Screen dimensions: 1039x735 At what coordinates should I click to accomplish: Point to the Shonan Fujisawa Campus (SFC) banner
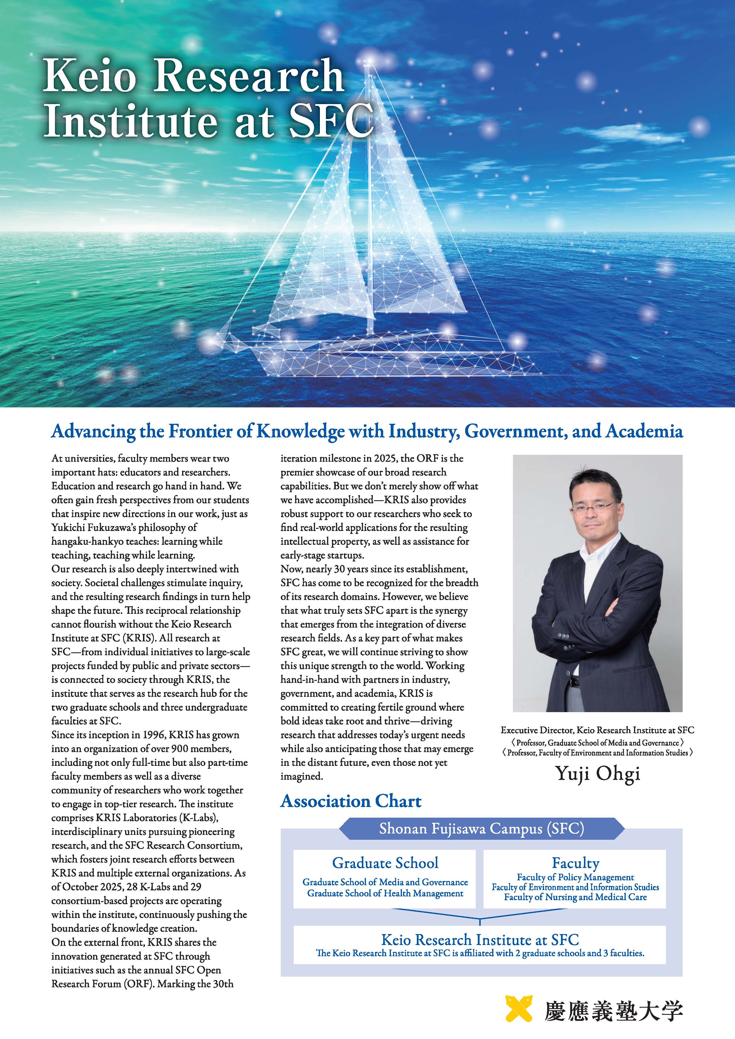click(481, 829)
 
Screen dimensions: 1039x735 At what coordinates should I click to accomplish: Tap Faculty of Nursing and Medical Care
click(575, 897)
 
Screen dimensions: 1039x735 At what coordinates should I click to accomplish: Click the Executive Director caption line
click(597, 730)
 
